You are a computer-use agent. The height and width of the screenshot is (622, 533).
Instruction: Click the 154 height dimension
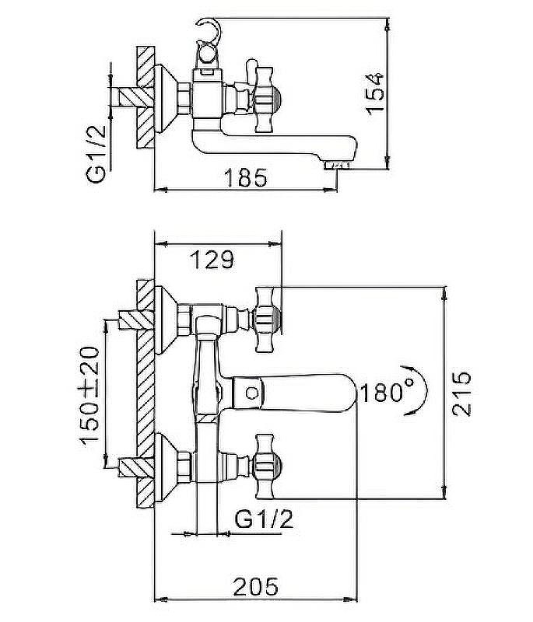[x=375, y=93]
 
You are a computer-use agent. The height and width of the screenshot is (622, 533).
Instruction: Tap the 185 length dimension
[x=246, y=178]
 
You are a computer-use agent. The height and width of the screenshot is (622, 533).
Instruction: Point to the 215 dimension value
[x=461, y=393]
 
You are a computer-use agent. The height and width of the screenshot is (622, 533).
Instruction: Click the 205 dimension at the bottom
[x=257, y=586]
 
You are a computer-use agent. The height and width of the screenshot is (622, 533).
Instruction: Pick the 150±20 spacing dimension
[x=92, y=397]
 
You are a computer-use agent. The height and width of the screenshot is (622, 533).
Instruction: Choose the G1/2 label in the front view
[x=264, y=518]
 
